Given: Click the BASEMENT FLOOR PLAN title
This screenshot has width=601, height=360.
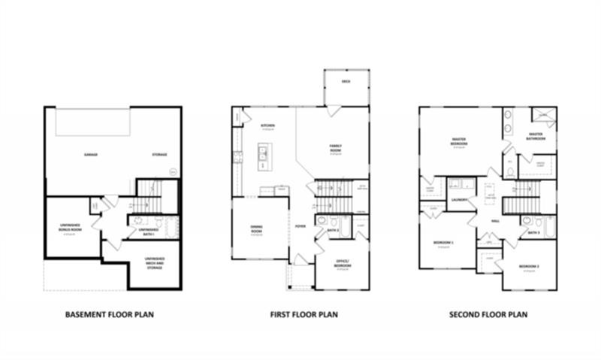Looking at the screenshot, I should pyautogui.click(x=110, y=314).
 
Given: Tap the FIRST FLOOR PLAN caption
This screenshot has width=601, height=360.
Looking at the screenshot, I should pyautogui.click(x=304, y=314).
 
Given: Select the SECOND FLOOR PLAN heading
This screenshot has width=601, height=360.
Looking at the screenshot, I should pyautogui.click(x=488, y=314).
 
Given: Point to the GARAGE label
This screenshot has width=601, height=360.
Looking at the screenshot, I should pyautogui.click(x=91, y=155).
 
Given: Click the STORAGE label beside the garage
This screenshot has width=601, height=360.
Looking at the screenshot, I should pyautogui.click(x=159, y=155).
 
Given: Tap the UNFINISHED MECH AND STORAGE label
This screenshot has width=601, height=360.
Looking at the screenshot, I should pyautogui.click(x=155, y=262).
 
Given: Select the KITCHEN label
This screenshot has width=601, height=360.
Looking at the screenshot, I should pyautogui.click(x=267, y=126).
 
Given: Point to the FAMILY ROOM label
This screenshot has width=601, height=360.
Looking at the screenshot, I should pyautogui.click(x=335, y=148).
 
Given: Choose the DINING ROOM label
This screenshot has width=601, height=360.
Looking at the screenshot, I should pyautogui.click(x=260, y=229).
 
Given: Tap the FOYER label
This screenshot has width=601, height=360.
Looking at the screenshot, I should pyautogui.click(x=300, y=225).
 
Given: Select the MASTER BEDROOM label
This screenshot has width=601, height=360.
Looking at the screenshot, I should pyautogui.click(x=459, y=142).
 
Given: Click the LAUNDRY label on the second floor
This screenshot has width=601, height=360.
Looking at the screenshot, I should pyautogui.click(x=460, y=199).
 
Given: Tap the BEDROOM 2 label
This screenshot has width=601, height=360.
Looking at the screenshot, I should pyautogui.click(x=530, y=267).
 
